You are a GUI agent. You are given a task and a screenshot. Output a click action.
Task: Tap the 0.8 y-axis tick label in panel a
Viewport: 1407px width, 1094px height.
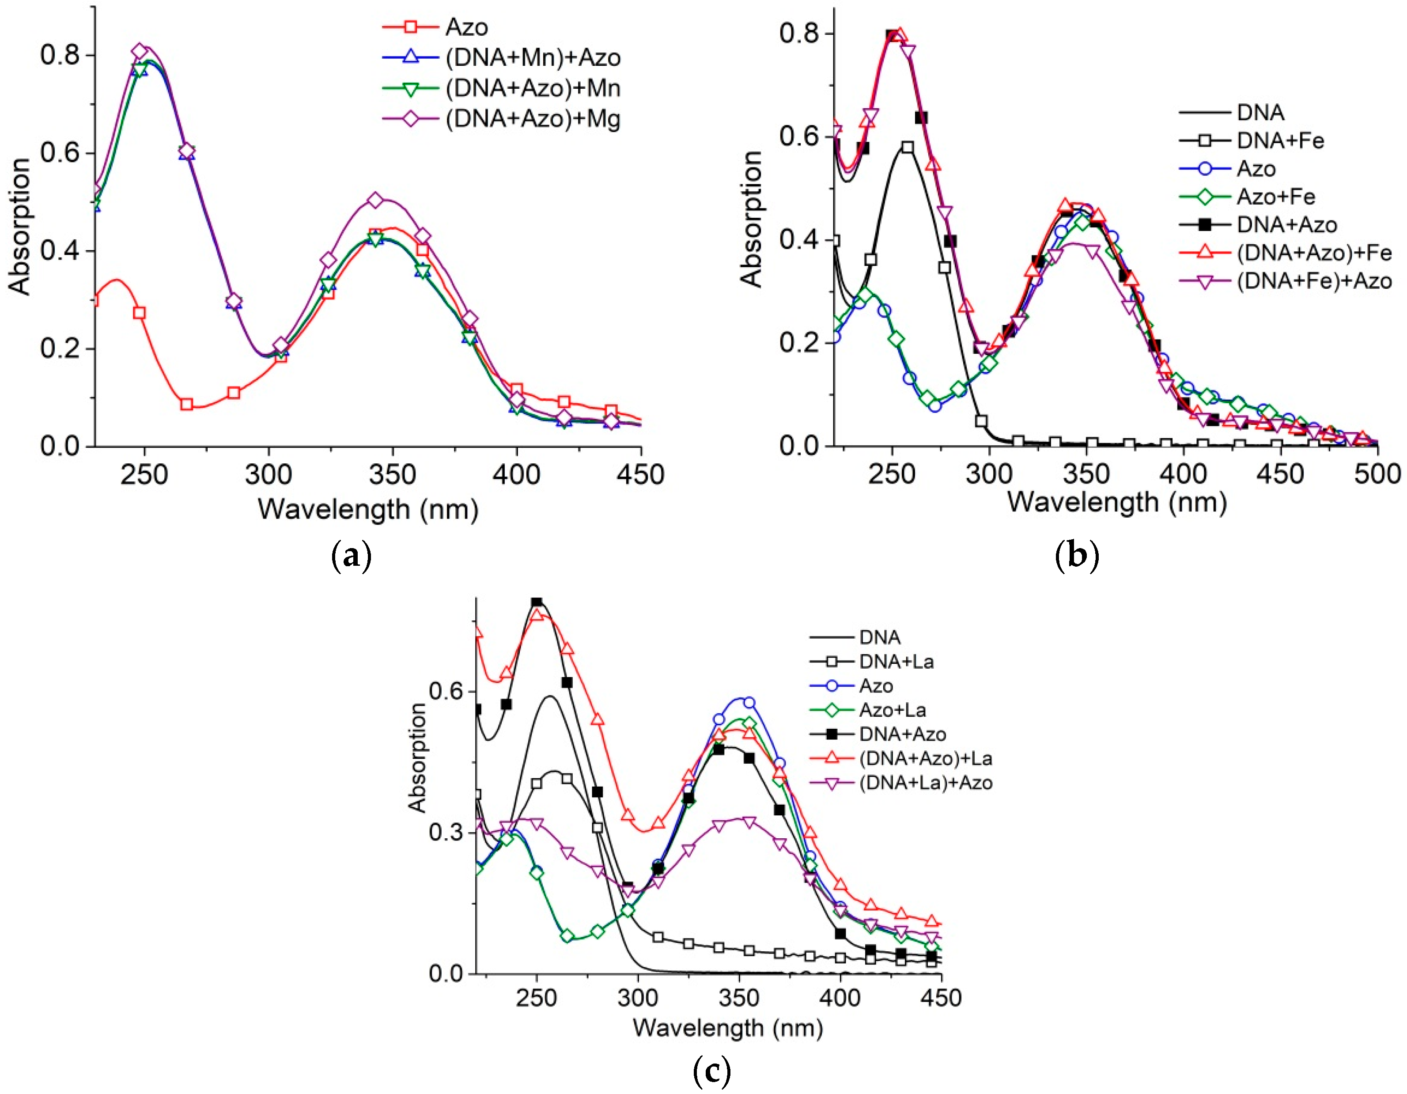60,55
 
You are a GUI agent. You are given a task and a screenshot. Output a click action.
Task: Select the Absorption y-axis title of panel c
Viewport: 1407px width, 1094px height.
417,757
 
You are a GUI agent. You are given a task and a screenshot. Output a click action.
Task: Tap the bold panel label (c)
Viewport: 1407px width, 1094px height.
712,1071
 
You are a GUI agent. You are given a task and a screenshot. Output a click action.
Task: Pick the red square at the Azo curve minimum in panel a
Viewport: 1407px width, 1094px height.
187,405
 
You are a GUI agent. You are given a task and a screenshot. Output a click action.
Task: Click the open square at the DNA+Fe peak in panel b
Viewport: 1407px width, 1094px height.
908,148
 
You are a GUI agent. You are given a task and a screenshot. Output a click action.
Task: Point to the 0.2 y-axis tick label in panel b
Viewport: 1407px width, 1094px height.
799,342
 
